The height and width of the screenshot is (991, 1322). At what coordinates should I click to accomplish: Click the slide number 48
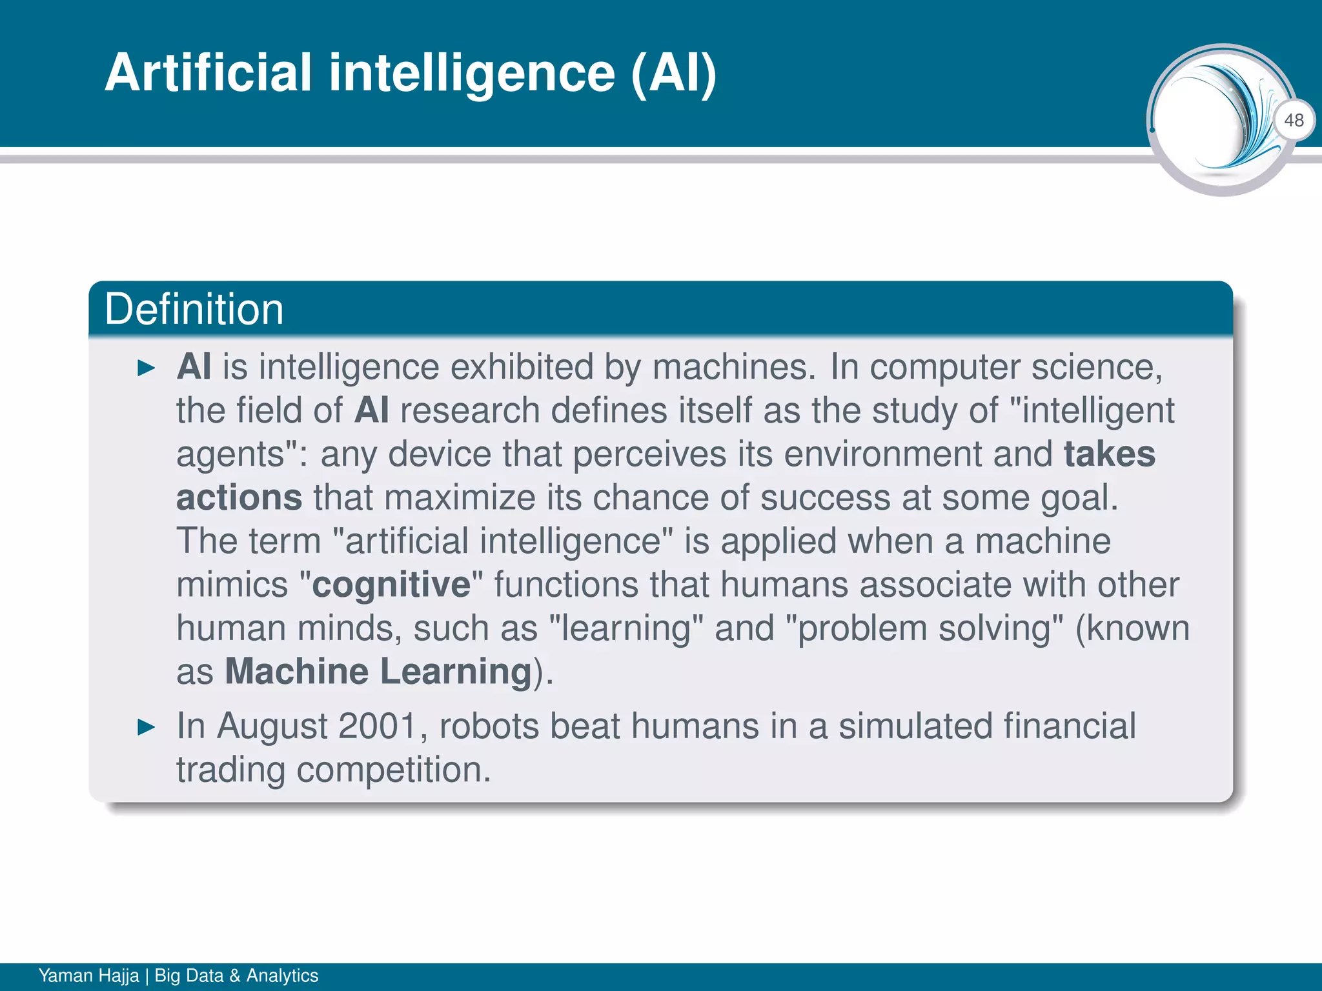tap(1294, 120)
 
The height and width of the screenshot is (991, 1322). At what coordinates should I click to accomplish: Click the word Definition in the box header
tap(194, 309)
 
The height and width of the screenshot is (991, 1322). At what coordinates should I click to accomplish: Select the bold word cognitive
tap(391, 585)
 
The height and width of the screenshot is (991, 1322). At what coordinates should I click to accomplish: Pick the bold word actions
tap(239, 497)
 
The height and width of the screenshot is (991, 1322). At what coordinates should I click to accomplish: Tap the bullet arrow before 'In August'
tap(147, 728)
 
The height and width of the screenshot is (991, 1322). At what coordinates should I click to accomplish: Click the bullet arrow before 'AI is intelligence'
tap(147, 368)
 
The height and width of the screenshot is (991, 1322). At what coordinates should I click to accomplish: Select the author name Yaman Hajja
tap(88, 976)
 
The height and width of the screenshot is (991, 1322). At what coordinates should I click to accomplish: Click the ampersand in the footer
tap(234, 976)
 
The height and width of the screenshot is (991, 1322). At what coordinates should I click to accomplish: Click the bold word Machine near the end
tap(296, 671)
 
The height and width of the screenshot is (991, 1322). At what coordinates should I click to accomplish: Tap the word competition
tap(393, 770)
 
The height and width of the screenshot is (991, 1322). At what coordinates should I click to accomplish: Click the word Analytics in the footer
tap(282, 976)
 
